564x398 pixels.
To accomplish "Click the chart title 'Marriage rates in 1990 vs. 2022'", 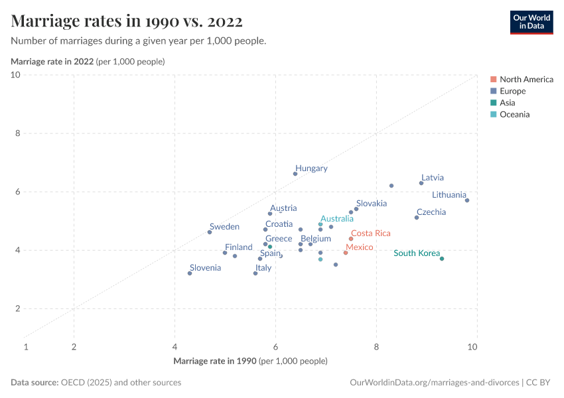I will pos(127,21).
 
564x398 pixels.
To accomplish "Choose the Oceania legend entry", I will pos(514,115).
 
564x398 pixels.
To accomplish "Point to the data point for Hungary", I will pos(295,174).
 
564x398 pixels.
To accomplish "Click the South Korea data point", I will pos(442,259).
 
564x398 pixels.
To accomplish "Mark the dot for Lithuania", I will pos(467,200).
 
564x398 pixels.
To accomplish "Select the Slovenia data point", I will pos(190,273).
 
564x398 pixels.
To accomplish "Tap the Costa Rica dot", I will pos(351,239).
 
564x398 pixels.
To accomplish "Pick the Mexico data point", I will pos(346,253).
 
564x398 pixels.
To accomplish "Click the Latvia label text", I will pos(432,178).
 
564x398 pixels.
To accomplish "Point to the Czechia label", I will pos(431,212).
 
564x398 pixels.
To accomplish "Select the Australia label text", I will pos(336,218).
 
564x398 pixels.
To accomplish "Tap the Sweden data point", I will pos(210,232).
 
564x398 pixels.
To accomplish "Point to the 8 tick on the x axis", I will pos(376,346).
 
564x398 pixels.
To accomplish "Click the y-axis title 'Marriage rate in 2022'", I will pos(52,62).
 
